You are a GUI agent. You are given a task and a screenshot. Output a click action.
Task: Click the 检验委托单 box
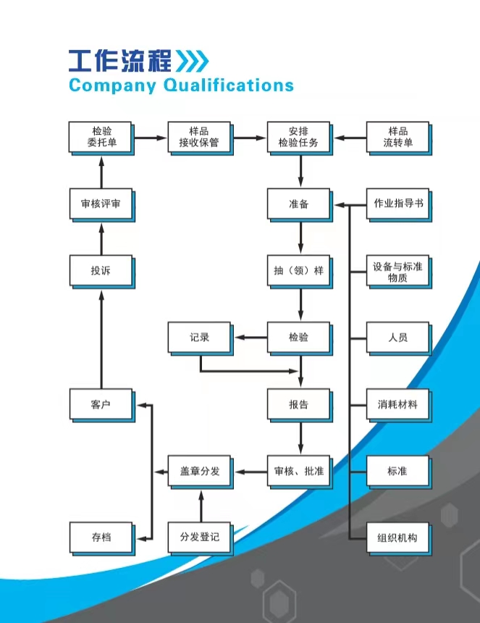point(101,138)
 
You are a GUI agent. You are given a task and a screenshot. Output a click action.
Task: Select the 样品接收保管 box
point(199,138)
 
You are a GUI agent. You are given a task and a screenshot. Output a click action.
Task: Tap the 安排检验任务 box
point(298,138)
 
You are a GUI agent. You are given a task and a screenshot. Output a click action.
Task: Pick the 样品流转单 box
point(397,138)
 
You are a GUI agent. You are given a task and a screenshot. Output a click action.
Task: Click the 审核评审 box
point(101,204)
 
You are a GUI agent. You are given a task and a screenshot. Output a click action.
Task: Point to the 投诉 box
point(101,271)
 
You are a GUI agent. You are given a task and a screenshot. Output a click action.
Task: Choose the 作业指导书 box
point(397,204)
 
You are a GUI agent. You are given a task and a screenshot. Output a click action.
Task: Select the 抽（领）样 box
point(298,271)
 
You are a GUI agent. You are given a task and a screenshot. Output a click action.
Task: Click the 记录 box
point(199,338)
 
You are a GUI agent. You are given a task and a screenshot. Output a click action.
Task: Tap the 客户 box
point(101,404)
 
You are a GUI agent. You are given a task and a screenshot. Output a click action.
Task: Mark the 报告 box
point(298,404)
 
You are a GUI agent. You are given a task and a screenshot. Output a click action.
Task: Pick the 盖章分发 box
point(199,472)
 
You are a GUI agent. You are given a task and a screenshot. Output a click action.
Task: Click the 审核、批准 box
point(298,472)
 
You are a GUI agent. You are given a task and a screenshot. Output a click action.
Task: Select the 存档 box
point(101,538)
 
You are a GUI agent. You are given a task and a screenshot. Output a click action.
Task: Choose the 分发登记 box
point(199,538)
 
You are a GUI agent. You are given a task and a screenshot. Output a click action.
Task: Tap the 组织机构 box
point(397,538)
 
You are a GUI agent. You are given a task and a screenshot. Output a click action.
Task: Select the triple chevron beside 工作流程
point(193,59)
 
